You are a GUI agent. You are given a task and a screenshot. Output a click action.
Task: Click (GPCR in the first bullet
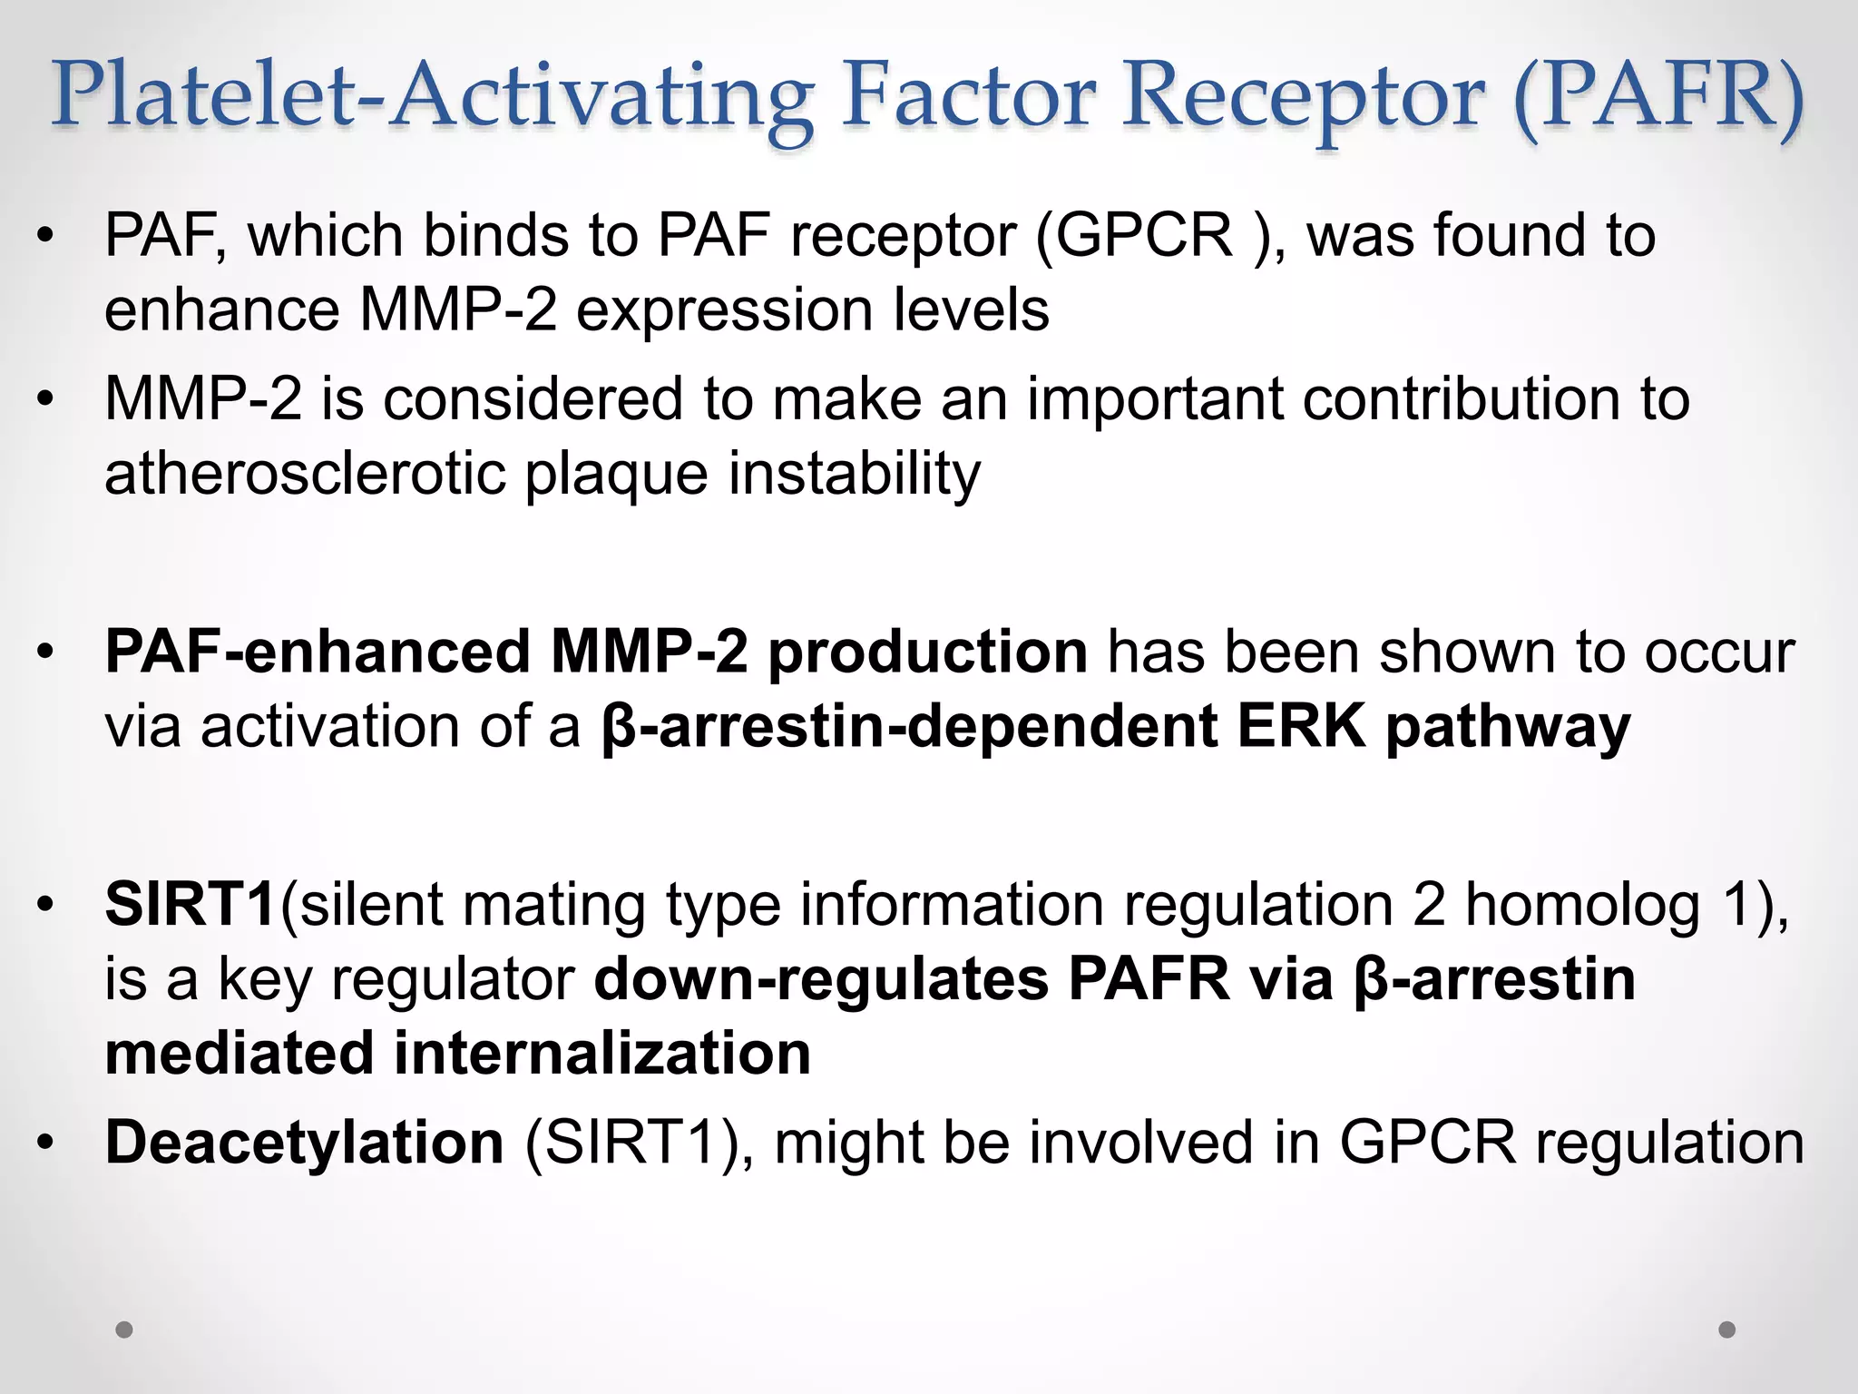pyautogui.click(x=1133, y=236)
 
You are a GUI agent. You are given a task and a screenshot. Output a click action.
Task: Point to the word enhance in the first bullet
pyautogui.click(x=221, y=310)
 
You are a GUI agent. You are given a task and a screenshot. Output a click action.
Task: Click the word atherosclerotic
pyautogui.click(x=304, y=474)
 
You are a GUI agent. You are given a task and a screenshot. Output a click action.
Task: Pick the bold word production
pyautogui.click(x=927, y=653)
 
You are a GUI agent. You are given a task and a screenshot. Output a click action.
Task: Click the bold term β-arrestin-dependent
pyautogui.click(x=908, y=727)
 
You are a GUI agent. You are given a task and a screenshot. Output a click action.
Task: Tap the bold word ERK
pyautogui.click(x=1301, y=727)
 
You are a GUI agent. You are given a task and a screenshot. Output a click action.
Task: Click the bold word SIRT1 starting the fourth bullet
pyautogui.click(x=191, y=905)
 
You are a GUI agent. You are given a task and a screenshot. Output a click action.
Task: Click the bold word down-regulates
pyautogui.click(x=821, y=980)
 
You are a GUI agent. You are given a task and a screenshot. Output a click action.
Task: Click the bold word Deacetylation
pyautogui.click(x=304, y=1143)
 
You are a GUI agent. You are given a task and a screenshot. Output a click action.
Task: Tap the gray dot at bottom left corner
pyautogui.click(x=124, y=1330)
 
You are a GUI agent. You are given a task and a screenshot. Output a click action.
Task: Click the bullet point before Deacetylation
pyautogui.click(x=45, y=1143)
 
